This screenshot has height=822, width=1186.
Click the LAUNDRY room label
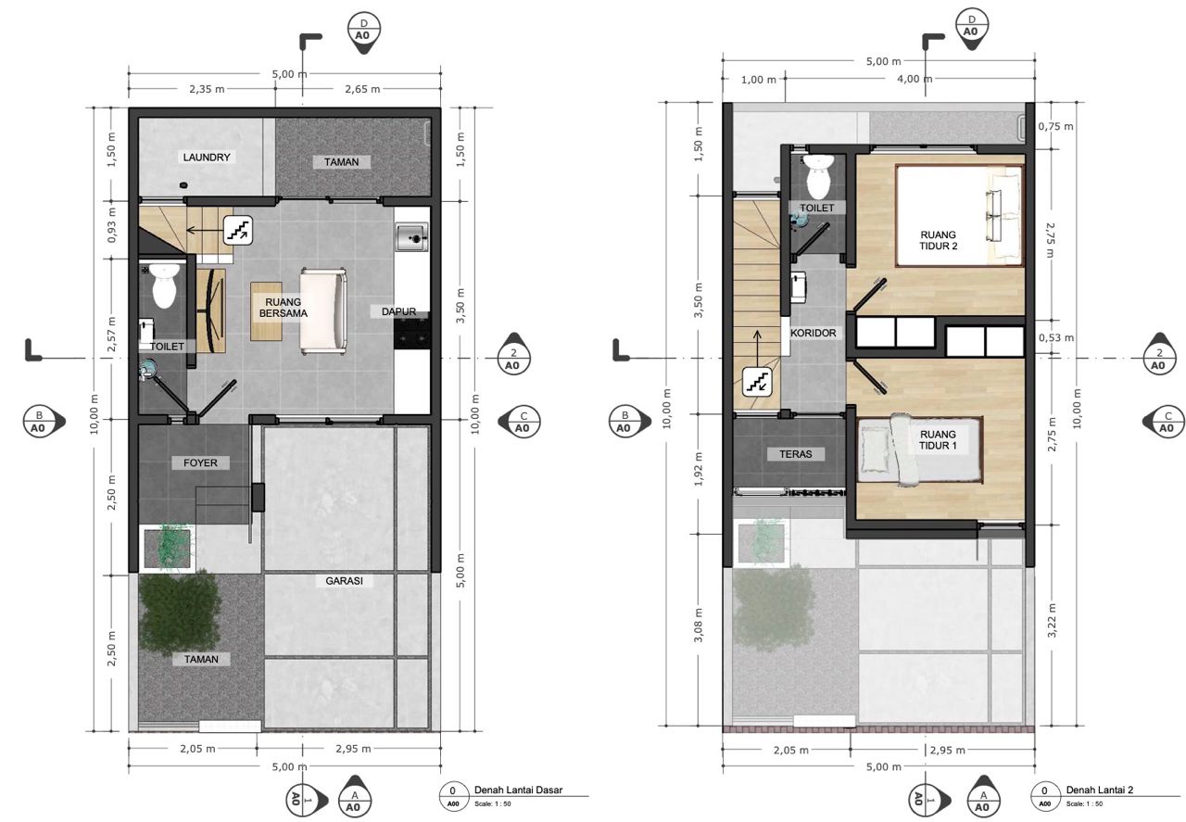207,158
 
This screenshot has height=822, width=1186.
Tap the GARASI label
344,581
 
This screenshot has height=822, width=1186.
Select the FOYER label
200,463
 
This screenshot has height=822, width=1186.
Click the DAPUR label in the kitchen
398,311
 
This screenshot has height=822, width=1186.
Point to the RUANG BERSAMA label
284,308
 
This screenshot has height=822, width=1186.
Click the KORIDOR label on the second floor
814,333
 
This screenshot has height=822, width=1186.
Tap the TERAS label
796,454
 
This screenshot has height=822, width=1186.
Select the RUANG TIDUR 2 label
939,240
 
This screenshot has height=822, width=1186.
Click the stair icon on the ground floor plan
238,231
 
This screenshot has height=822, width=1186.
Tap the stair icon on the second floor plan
757,382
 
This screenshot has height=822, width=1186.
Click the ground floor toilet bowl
164,286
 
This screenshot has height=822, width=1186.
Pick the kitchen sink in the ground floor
412,237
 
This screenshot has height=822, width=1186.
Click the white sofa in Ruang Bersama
323,311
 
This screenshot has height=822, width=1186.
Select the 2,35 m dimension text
207,89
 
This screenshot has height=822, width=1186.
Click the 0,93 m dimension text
112,225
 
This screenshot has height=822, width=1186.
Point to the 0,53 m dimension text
1055,337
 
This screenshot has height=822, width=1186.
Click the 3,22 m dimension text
1052,620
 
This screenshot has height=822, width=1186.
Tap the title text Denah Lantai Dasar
518,790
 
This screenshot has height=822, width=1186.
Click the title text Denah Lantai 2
1100,790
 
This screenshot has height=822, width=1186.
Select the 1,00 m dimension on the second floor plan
758,80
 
